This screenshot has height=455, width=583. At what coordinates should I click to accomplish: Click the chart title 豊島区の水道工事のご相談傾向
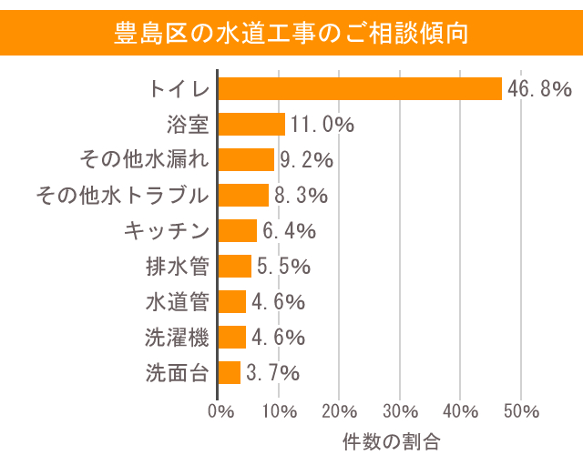point(291,34)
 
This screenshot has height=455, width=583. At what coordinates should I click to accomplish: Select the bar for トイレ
point(360,88)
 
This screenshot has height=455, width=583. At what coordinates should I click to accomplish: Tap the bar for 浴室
point(251,124)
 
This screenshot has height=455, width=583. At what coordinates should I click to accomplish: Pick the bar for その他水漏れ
point(246,159)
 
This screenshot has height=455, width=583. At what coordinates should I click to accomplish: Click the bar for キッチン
point(237,230)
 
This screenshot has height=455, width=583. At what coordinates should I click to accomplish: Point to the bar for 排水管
point(234,266)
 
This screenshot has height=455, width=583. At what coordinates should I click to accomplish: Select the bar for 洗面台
point(229,372)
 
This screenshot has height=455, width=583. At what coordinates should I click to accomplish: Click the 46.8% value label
point(539,88)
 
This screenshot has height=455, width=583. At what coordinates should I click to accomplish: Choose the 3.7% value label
point(277,372)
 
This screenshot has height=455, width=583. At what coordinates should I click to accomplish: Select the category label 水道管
point(177,301)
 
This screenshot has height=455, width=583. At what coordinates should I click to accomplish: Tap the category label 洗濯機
point(177,337)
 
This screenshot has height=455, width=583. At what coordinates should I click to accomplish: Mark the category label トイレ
point(179,88)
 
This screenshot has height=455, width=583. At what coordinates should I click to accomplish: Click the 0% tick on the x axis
point(221,410)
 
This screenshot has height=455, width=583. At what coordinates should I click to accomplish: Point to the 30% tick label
point(400,410)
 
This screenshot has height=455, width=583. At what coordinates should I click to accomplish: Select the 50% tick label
point(521,410)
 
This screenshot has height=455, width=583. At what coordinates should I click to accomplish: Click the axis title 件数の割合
point(391,441)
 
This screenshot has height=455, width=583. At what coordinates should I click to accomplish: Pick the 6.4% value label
point(289,230)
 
